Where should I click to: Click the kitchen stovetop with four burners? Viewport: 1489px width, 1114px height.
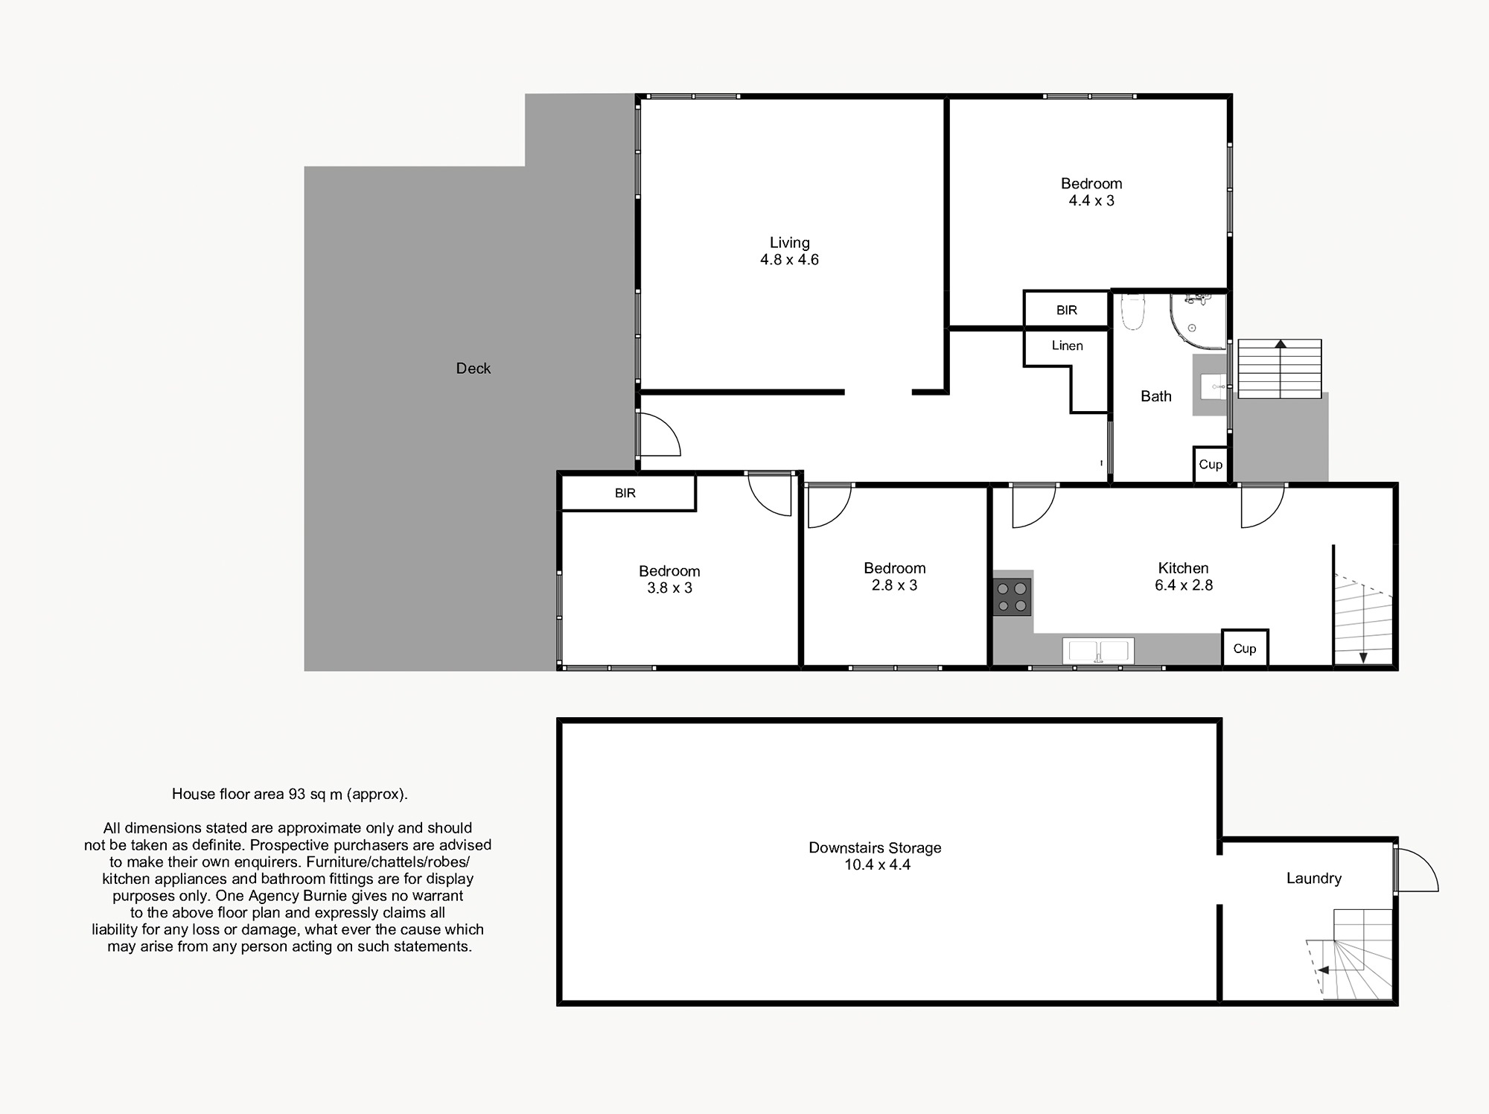[1012, 597]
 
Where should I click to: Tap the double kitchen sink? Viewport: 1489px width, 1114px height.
[1098, 650]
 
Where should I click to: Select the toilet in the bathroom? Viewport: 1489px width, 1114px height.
[1132, 311]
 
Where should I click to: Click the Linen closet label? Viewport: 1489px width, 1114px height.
[1067, 346]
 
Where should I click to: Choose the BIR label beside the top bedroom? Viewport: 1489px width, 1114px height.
[1067, 311]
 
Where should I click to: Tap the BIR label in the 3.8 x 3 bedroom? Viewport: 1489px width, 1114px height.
[625, 493]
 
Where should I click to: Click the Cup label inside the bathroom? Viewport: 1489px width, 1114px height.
[1211, 465]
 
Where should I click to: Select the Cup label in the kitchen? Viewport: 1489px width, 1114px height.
[1245, 649]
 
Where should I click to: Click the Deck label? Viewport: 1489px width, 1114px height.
[474, 369]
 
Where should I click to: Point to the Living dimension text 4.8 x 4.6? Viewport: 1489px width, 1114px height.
[789, 260]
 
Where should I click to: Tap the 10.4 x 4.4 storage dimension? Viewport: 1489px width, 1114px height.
[877, 865]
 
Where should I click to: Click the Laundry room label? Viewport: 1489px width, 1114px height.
[1314, 879]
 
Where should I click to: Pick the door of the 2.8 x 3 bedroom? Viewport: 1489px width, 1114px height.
[829, 506]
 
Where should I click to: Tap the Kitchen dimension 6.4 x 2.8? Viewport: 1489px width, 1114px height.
[1184, 586]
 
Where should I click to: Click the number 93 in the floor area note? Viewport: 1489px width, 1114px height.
[298, 795]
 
